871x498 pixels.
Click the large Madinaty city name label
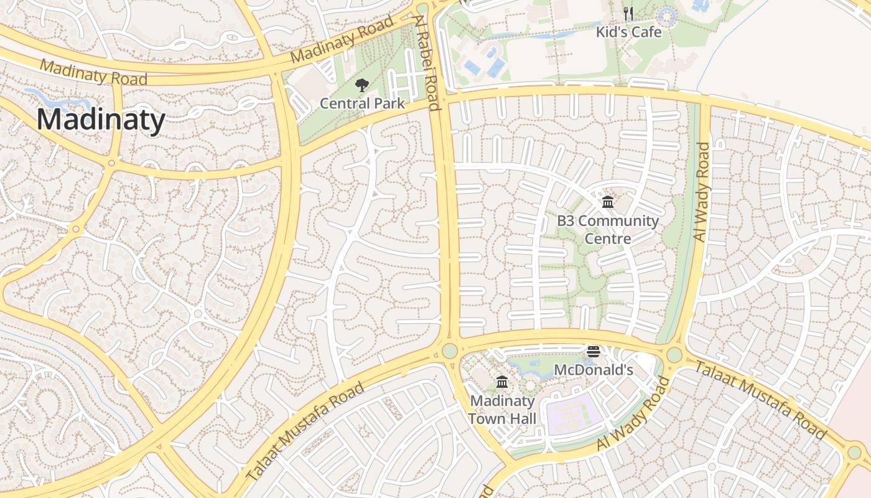(101, 120)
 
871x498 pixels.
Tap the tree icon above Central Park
(361, 85)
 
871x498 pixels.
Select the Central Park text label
(362, 103)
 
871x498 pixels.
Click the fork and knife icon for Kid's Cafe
(628, 14)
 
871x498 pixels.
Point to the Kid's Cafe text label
(628, 32)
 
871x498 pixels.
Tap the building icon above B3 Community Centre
(608, 202)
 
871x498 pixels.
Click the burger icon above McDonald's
(593, 352)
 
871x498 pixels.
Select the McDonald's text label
(593, 370)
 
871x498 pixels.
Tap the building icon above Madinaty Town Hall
(502, 382)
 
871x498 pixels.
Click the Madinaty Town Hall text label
(502, 410)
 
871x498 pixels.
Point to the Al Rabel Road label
(429, 62)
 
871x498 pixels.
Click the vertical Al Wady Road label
(701, 192)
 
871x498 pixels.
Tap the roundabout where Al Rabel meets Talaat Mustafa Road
(449, 350)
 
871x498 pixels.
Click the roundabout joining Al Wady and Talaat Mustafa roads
(674, 355)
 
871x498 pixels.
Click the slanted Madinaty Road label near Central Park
(343, 39)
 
